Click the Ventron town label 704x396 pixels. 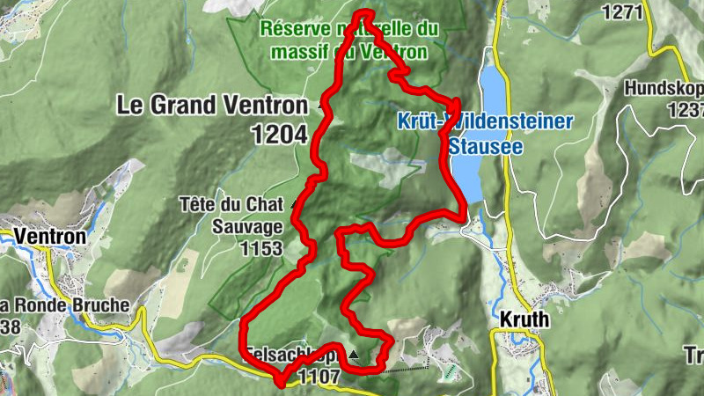(x=48, y=237)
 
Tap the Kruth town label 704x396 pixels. (x=524, y=319)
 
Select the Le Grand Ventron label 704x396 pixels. (x=212, y=106)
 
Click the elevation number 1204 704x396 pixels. (x=278, y=135)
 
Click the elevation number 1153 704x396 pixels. (x=260, y=249)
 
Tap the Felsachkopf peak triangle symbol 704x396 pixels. (x=354, y=355)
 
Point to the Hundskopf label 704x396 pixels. (x=664, y=89)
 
